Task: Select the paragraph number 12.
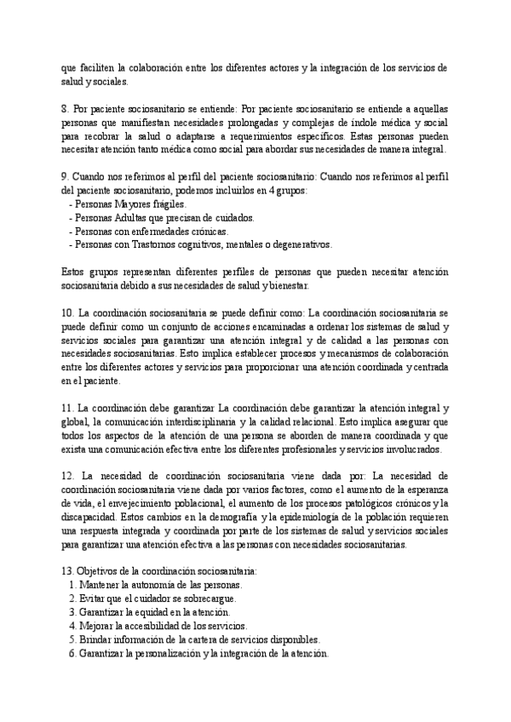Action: click(x=67, y=474)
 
